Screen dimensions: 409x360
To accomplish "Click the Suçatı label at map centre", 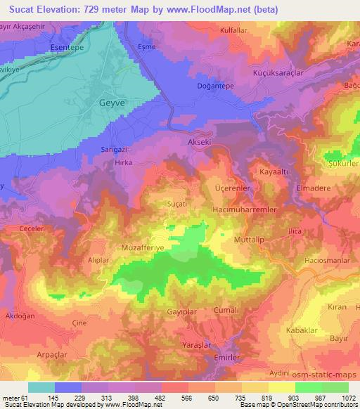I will [176, 202].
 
